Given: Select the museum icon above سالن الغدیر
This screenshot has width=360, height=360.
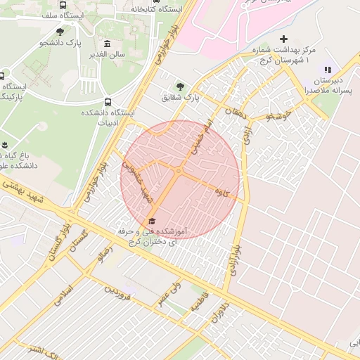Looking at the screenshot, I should point(107,44).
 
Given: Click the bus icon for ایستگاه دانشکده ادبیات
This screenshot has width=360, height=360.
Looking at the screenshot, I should point(108,102).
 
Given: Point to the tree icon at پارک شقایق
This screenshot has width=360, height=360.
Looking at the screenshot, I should point(181,86).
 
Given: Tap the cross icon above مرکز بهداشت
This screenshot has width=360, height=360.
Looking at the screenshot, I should point(283,39).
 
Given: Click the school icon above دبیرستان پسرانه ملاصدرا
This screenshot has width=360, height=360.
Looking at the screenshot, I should point(327,70).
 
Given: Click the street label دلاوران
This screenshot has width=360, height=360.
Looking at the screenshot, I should point(219,311).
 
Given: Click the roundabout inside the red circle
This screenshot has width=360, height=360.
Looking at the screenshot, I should point(179,172).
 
